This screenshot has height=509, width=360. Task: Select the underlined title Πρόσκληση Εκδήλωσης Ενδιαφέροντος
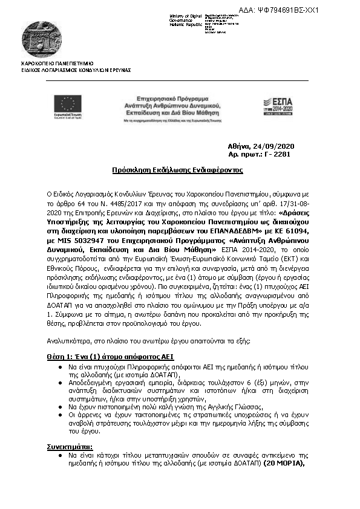177,170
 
